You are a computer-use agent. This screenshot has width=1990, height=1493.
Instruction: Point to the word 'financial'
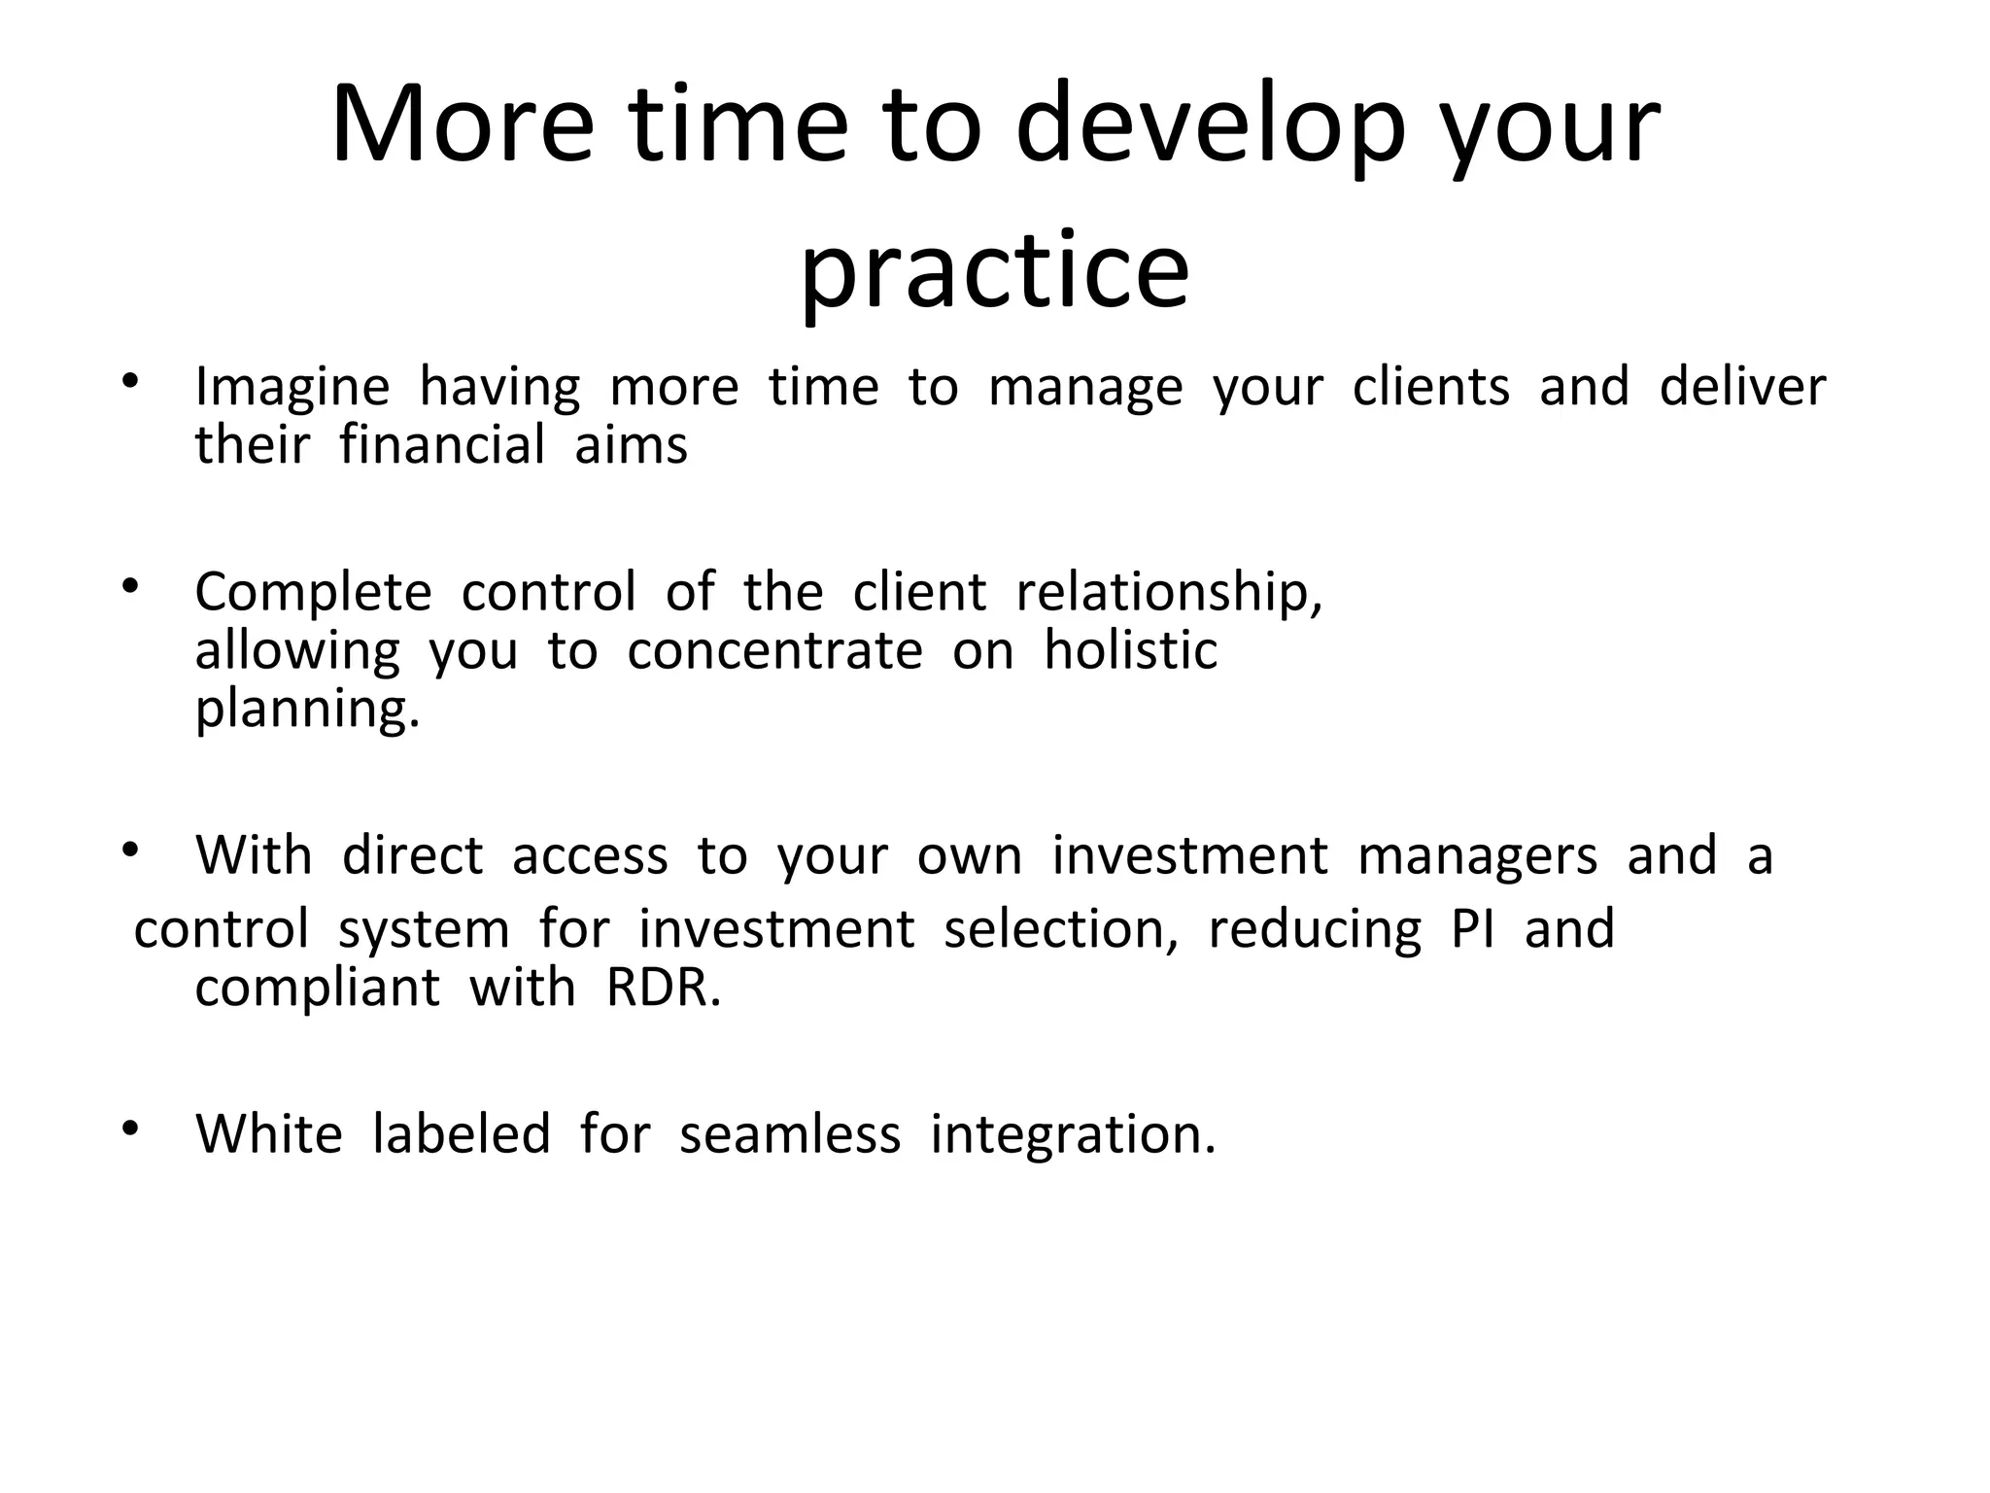(442, 446)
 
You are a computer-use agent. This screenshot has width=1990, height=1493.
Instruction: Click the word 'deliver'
(1742, 387)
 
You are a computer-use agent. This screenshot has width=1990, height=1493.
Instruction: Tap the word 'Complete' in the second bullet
(313, 593)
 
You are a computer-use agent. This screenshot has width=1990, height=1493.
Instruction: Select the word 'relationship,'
(1170, 592)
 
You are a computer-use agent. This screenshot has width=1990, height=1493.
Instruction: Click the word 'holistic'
(1130, 650)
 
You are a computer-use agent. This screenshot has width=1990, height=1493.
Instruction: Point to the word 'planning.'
(307, 710)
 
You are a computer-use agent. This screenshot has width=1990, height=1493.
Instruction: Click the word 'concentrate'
(774, 651)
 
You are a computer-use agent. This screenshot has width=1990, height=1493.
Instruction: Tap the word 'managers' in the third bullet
(1477, 856)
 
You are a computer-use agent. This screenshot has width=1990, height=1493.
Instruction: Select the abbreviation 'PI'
(1472, 929)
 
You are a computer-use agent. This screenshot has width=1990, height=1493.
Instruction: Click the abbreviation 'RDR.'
(664, 989)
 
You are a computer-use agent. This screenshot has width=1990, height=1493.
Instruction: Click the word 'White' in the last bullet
(269, 1134)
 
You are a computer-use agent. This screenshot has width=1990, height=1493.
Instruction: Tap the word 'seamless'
(790, 1134)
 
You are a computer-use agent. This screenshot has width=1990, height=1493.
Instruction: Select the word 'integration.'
(1073, 1135)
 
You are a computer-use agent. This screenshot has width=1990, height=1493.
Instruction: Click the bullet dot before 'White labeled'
(131, 1128)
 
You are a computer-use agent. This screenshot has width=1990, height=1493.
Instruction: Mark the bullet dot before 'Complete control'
(131, 586)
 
